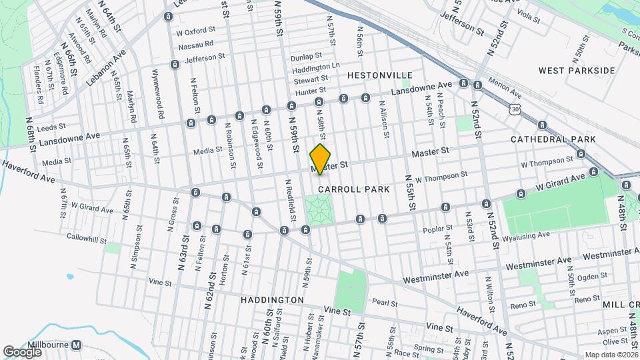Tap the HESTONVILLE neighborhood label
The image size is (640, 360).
click(x=375, y=75)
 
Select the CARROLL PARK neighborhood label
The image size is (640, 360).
click(x=353, y=189)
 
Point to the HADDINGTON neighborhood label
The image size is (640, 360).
click(x=272, y=300)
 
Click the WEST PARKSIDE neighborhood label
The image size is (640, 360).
click(x=577, y=70)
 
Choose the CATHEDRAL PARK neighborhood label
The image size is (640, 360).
click(x=553, y=139)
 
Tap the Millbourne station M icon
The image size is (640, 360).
click(x=77, y=345)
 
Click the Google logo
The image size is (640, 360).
click(x=22, y=351)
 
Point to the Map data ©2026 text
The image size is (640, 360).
click(x=610, y=355)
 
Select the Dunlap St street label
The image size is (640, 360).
click(x=307, y=57)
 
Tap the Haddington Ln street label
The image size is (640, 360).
click(x=316, y=67)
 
